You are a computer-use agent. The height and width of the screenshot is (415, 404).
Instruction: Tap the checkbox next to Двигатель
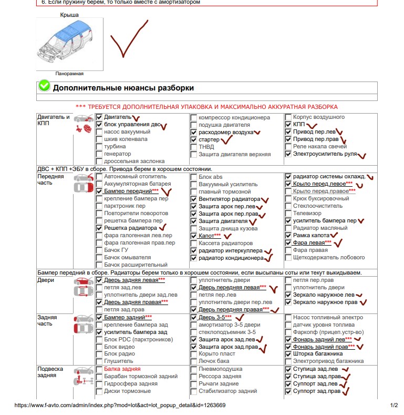[99, 117]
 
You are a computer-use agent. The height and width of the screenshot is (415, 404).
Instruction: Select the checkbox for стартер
[194, 140]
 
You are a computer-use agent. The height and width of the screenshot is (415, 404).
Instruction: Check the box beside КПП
[288, 125]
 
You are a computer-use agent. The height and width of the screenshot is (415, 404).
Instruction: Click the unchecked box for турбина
[99, 146]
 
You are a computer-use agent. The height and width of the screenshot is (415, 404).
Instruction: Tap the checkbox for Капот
[194, 236]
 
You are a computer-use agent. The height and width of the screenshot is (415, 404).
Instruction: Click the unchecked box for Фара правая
[288, 250]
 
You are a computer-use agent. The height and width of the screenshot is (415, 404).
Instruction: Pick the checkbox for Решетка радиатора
[99, 229]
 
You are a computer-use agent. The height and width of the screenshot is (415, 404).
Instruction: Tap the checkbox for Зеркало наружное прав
[288, 302]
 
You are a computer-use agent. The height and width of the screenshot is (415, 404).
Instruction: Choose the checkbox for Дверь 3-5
[194, 318]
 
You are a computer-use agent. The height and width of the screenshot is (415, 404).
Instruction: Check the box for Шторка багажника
[288, 354]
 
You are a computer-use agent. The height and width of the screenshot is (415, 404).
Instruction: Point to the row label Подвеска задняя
[50, 372]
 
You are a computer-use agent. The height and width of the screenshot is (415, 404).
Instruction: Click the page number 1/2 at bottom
[395, 406]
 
